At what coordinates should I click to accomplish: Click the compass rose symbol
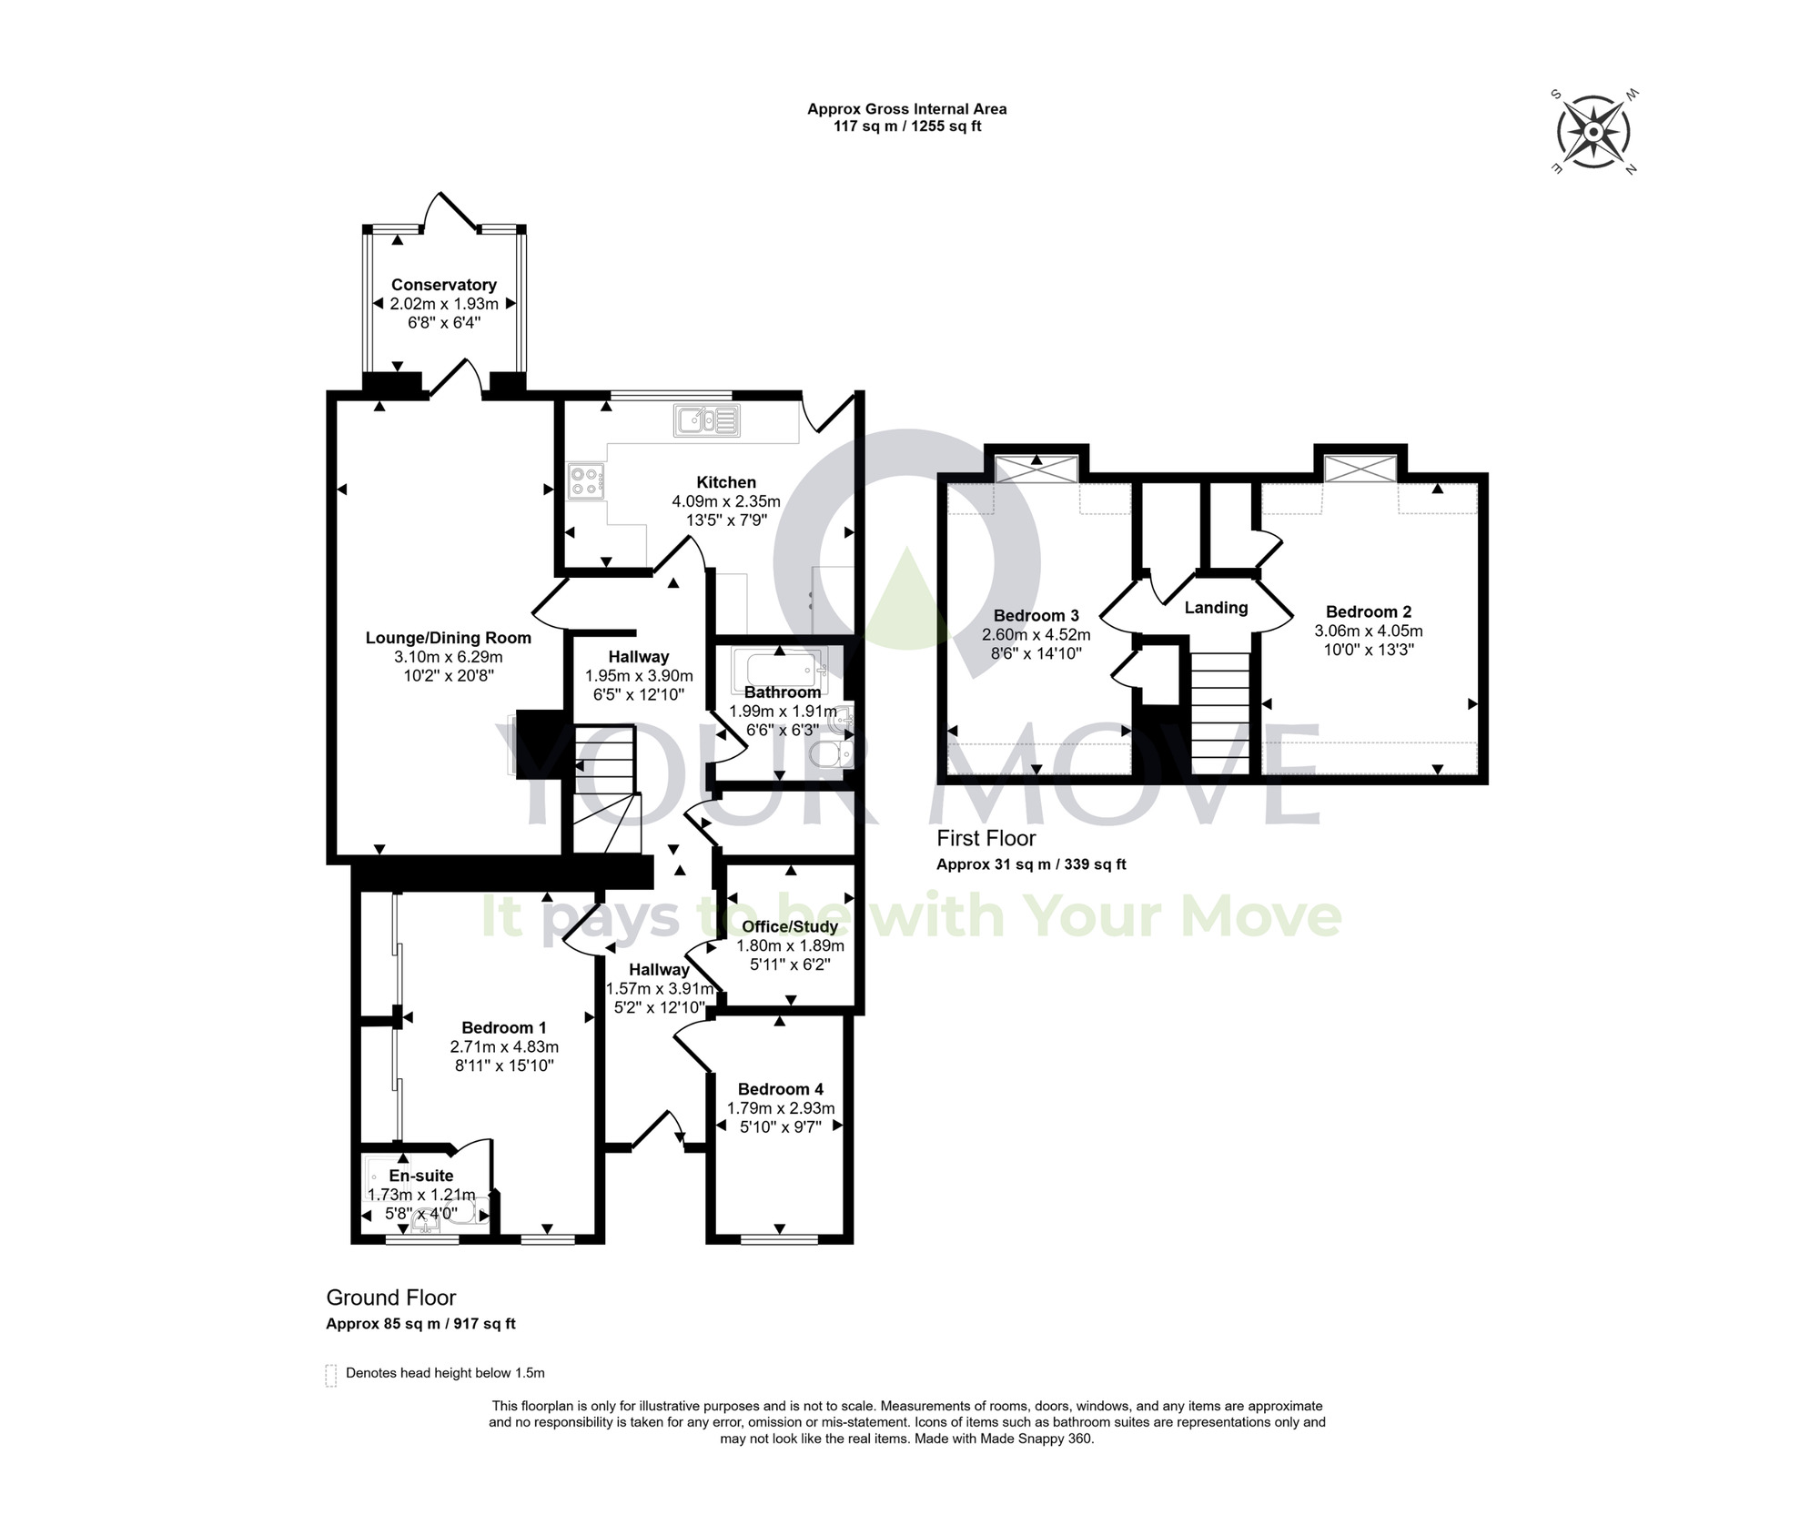(x=1593, y=133)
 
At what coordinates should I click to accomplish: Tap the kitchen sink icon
(x=707, y=420)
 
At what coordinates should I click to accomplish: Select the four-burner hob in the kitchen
(x=585, y=480)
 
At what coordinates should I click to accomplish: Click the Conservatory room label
(x=443, y=285)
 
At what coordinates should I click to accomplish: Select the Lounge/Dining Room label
(x=448, y=638)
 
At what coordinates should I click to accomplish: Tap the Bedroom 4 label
(x=780, y=1089)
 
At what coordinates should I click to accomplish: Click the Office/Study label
(x=789, y=926)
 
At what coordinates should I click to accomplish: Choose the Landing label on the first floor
(x=1216, y=608)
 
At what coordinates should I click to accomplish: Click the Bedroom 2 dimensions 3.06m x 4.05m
(x=1368, y=631)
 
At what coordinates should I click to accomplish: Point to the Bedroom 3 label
(x=1036, y=615)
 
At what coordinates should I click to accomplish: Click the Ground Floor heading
(x=390, y=1298)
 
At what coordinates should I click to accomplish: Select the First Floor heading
(x=986, y=838)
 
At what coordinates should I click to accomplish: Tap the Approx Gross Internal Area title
(x=906, y=109)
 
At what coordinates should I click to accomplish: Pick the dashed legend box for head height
(x=330, y=1375)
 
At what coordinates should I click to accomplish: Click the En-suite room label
(x=420, y=1176)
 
